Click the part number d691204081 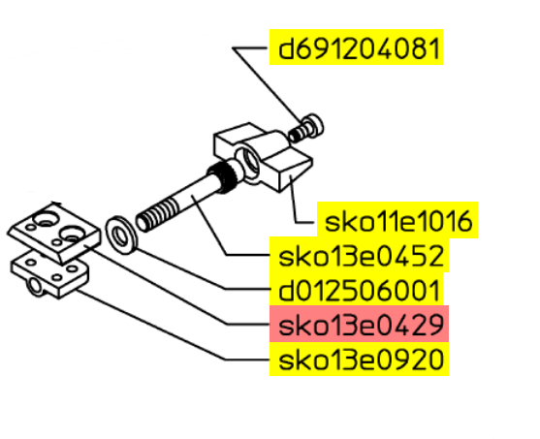pyautogui.click(x=359, y=48)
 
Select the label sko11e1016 pyautogui.click(x=398, y=221)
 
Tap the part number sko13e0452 pyautogui.click(x=361, y=256)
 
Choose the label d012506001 pyautogui.click(x=359, y=291)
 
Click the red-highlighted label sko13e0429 pyautogui.click(x=361, y=325)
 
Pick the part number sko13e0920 pyautogui.click(x=361, y=360)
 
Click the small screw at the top pyautogui.click(x=305, y=129)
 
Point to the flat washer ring pyautogui.click(x=121, y=235)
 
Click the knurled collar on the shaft pyautogui.click(x=222, y=175)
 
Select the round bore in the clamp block pyautogui.click(x=248, y=161)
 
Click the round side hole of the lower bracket pyautogui.click(x=35, y=286)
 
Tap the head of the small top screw pyautogui.click(x=314, y=125)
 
